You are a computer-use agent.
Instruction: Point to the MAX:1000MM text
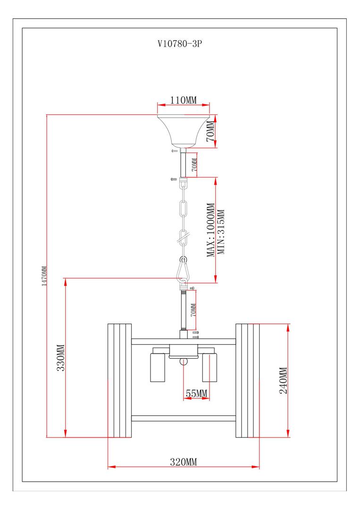211,230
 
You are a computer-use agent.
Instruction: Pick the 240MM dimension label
283,381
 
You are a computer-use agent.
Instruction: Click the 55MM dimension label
196,393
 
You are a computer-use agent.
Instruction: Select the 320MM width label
184,462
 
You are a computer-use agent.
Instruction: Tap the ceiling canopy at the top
184,130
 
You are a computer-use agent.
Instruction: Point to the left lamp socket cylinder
158,366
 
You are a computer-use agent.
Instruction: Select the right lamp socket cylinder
209,366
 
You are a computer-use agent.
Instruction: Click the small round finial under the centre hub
184,362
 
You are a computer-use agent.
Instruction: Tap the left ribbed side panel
119,381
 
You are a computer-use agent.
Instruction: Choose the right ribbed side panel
247,381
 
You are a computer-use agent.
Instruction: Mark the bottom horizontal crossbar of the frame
184,418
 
